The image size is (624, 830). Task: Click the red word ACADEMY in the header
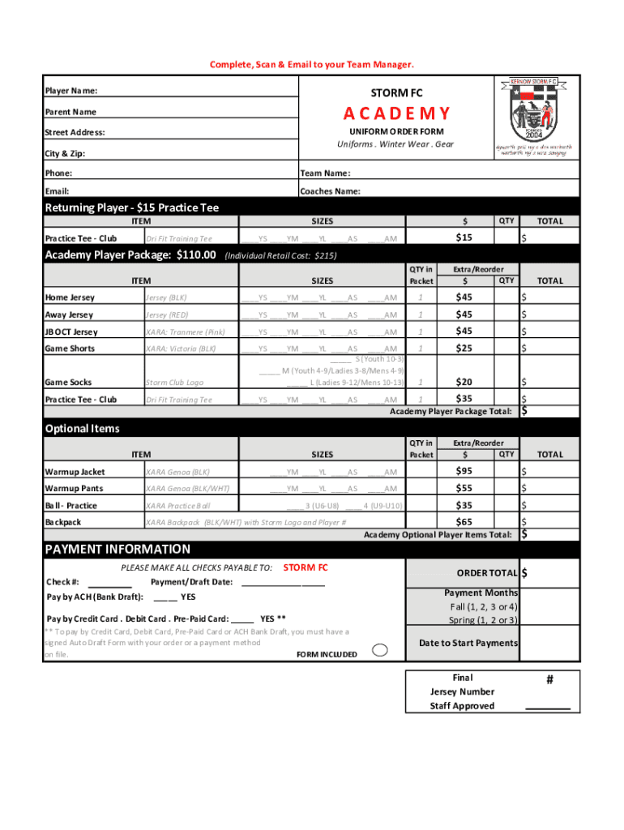(x=396, y=113)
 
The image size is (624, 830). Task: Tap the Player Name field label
(x=71, y=92)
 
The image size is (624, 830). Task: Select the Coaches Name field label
(x=330, y=191)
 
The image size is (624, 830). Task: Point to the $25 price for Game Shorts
(x=464, y=348)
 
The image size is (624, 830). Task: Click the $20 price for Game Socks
(x=464, y=382)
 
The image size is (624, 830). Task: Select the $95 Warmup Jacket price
(x=464, y=471)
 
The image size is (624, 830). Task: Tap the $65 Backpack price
(x=464, y=522)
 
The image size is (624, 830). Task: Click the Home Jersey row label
(x=70, y=297)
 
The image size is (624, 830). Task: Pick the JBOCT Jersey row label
(x=71, y=332)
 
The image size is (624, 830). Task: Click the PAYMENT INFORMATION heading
(x=118, y=549)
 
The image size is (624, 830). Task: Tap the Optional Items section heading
(x=82, y=429)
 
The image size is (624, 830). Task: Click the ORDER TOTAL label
(x=486, y=573)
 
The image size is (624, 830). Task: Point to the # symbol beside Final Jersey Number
(x=549, y=681)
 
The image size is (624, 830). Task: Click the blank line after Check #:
(x=109, y=583)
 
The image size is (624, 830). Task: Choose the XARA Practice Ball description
(x=178, y=506)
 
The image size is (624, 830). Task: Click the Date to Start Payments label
(x=468, y=643)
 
